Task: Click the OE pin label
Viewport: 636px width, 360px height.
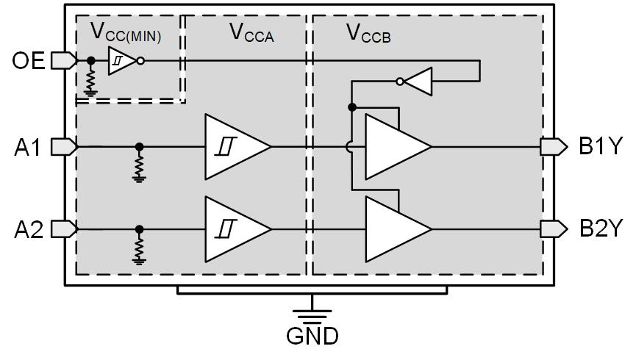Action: pyautogui.click(x=28, y=62)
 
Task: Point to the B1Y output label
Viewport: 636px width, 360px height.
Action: pyautogui.click(x=600, y=147)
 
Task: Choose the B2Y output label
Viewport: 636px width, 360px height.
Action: pyautogui.click(x=600, y=229)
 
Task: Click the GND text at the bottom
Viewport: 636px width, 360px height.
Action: pyautogui.click(x=312, y=336)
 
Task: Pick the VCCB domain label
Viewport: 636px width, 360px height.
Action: pyautogui.click(x=368, y=32)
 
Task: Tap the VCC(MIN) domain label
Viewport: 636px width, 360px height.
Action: pyautogui.click(x=126, y=32)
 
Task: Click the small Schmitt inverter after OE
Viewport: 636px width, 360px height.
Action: pyautogui.click(x=121, y=62)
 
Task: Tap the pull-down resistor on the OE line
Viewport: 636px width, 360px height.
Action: pyautogui.click(x=90, y=79)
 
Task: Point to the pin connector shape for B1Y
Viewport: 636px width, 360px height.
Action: pyautogui.click(x=554, y=147)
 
